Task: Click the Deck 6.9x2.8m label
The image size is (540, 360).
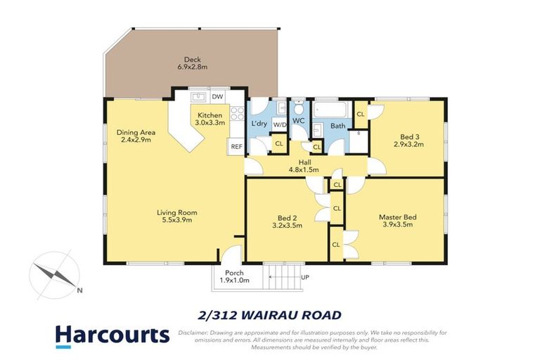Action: (193, 63)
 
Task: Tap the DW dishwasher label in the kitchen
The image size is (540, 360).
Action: (218, 96)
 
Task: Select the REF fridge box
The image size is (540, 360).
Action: (235, 146)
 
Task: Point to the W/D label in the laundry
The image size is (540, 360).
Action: (279, 124)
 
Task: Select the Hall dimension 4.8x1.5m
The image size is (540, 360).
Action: (304, 169)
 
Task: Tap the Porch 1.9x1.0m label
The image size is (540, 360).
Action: (233, 277)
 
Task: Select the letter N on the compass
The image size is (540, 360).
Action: (80, 290)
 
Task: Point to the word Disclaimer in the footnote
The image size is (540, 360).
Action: (194, 332)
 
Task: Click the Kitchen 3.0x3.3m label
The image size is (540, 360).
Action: (210, 119)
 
